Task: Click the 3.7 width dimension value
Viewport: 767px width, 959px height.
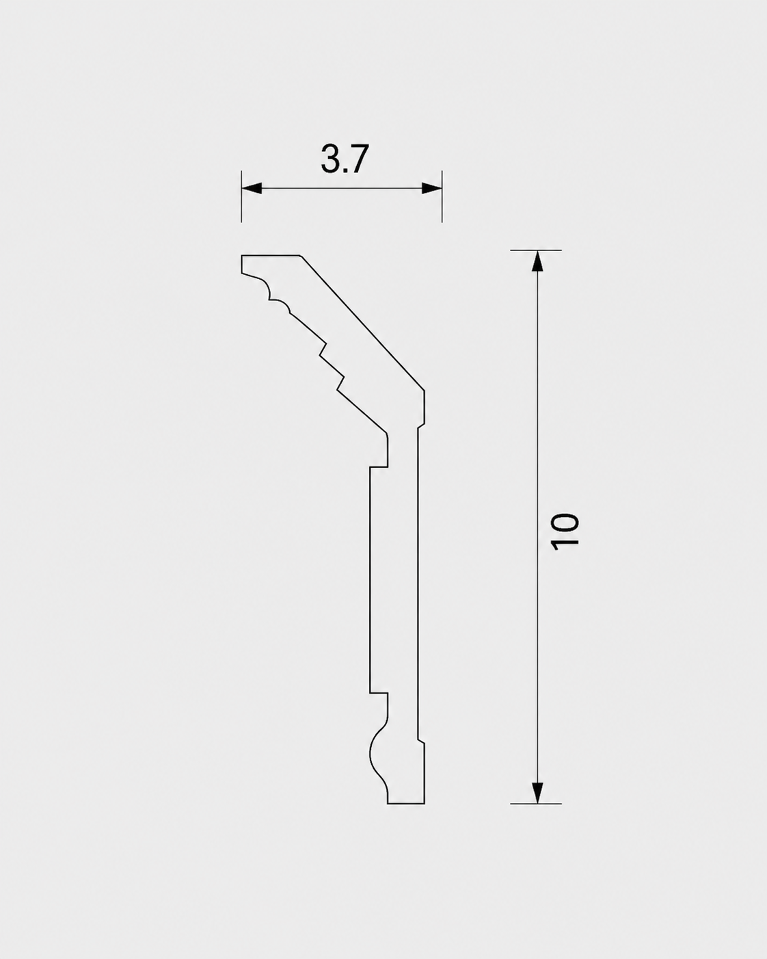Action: click(x=345, y=159)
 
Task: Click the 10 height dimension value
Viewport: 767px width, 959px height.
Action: click(x=565, y=531)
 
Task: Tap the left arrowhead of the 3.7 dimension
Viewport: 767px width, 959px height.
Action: click(x=251, y=188)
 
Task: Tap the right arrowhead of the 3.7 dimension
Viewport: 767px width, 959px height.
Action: click(x=431, y=188)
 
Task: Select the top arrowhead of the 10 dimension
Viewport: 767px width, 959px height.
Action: click(x=537, y=261)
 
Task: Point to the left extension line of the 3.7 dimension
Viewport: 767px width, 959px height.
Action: click(x=241, y=196)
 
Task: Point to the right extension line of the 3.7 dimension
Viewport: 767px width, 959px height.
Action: click(x=442, y=196)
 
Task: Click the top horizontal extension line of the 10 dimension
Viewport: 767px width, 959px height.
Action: click(x=536, y=250)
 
